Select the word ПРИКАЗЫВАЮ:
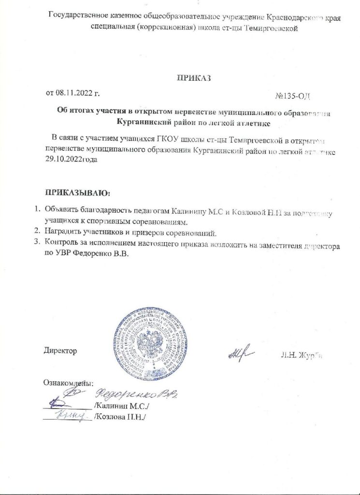77,193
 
